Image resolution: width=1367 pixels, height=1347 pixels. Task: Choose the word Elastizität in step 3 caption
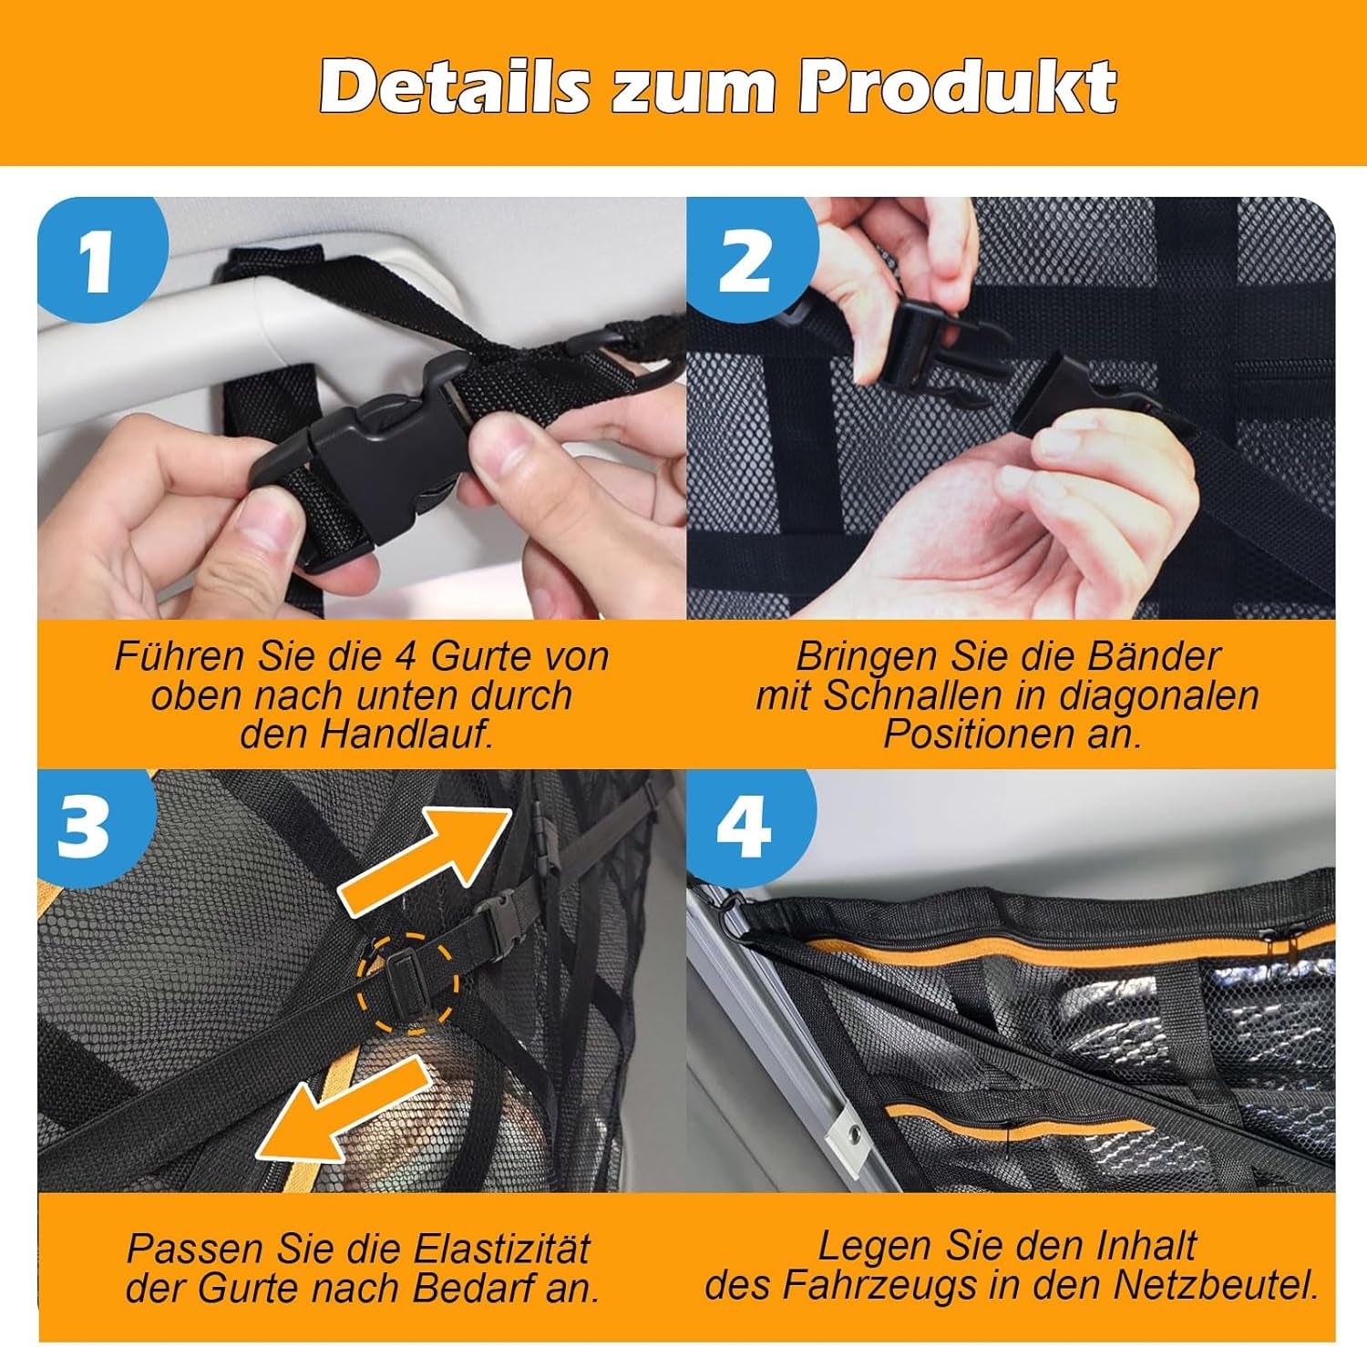pos(501,1248)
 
